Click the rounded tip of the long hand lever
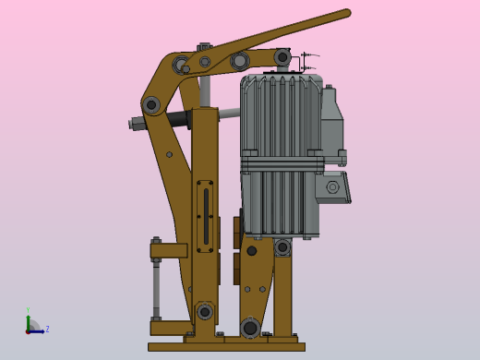pos(346,14)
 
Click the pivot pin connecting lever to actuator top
pos(282,57)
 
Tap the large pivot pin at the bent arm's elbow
pos(151,105)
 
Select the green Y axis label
pos(28,311)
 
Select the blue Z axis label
pos(47,329)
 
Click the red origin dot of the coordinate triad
pos(29,330)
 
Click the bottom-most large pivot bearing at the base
pos(249,328)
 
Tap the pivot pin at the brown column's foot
pos(204,312)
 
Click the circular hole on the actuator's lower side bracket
pos(333,187)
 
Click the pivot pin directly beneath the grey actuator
pos(282,247)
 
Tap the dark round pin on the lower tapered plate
pos(251,251)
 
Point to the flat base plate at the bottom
pos(226,347)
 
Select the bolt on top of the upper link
pos(204,47)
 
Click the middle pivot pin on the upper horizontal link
pos(240,61)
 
